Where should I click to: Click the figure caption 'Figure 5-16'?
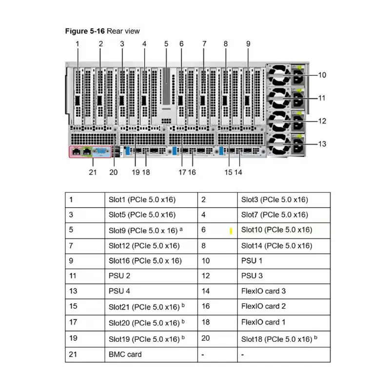pos(85,31)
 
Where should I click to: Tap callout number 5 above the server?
pos(166,44)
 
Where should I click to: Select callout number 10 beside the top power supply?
pos(322,75)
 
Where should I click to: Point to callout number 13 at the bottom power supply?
pos(322,144)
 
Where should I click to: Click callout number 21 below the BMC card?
pos(93,172)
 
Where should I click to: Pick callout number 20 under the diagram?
pos(114,172)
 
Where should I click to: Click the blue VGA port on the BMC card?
pos(101,152)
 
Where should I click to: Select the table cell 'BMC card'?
pos(125,354)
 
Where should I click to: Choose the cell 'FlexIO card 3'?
pos(264,292)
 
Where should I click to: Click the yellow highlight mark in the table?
pos(231,230)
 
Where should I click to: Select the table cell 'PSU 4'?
pos(119,292)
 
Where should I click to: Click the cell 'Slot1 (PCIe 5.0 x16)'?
pos(142,199)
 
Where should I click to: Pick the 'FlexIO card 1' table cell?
pos(264,322)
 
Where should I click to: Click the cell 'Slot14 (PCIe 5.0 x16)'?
pos(276,246)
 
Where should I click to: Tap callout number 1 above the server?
pos(78,44)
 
